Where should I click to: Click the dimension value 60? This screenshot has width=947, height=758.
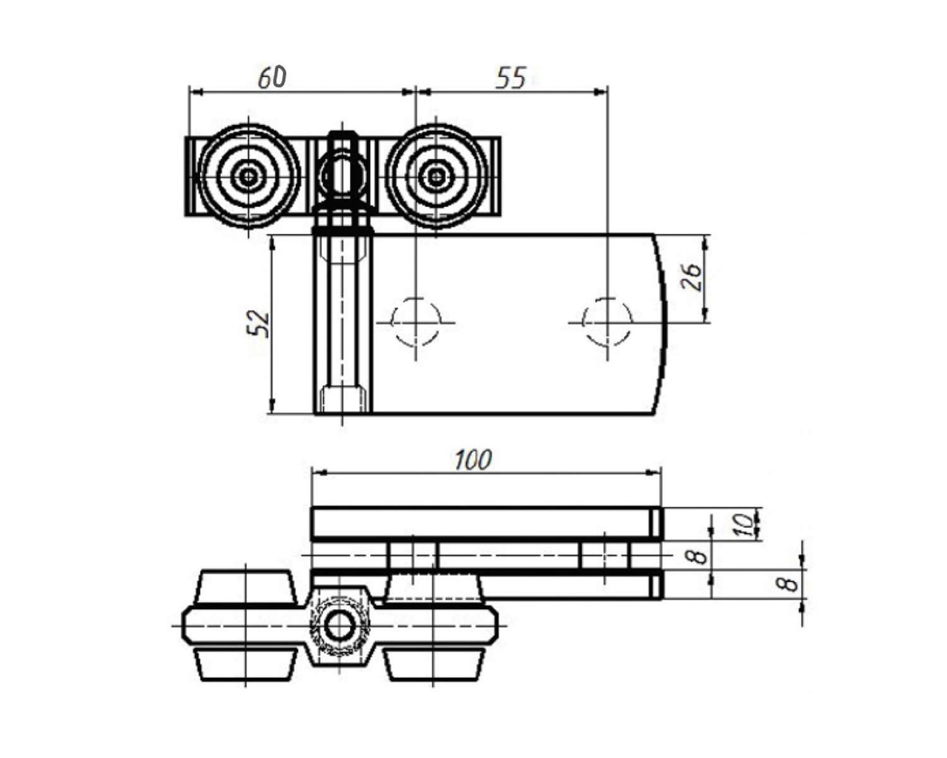pyautogui.click(x=272, y=77)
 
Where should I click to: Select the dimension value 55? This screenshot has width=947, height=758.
pyautogui.click(x=510, y=78)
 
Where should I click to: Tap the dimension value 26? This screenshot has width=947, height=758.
pyautogui.click(x=692, y=277)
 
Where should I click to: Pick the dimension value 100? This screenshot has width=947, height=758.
pyautogui.click(x=472, y=460)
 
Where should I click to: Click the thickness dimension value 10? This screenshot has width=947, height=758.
pyautogui.click(x=746, y=524)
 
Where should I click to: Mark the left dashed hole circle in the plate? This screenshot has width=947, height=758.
pyautogui.click(x=415, y=322)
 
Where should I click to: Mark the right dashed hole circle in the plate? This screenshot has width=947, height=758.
pyautogui.click(x=607, y=322)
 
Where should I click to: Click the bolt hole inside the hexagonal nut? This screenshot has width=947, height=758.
pyautogui.click(x=340, y=626)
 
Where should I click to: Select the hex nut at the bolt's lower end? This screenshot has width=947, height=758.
pyautogui.click(x=343, y=399)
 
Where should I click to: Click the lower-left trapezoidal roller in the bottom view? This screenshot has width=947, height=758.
pyautogui.click(x=245, y=665)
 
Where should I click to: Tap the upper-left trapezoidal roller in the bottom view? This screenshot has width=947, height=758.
pyautogui.click(x=245, y=587)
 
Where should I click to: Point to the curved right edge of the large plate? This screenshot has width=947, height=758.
pyautogui.click(x=662, y=322)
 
